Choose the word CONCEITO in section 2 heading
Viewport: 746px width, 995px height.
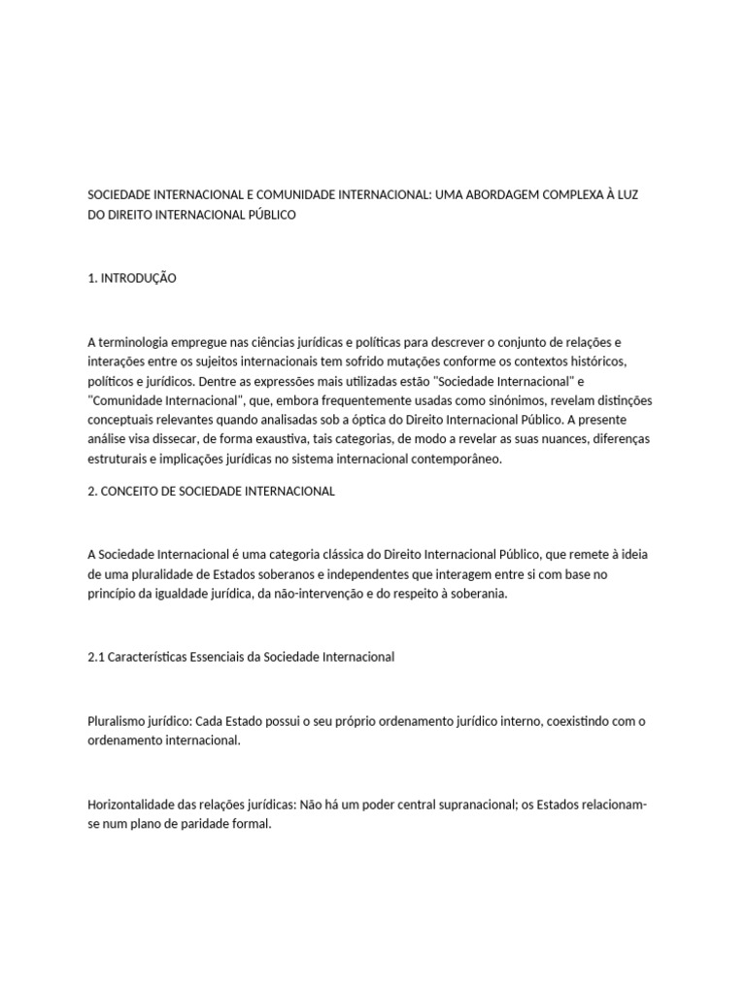(x=128, y=492)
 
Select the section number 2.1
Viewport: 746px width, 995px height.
(x=96, y=657)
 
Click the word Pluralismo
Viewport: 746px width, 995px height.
(x=117, y=721)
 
